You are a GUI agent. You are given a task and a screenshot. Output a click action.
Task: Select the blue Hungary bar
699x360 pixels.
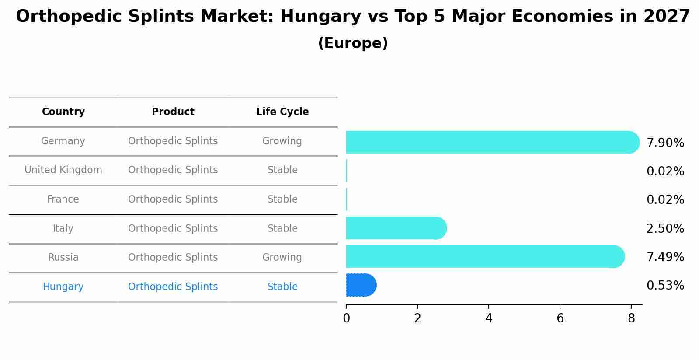click(x=361, y=285)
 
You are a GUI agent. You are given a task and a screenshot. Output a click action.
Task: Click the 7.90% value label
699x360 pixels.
click(x=665, y=143)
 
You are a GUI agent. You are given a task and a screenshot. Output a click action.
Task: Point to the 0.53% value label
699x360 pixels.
click(x=665, y=286)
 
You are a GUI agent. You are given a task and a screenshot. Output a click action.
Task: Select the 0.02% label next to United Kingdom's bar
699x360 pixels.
click(x=665, y=171)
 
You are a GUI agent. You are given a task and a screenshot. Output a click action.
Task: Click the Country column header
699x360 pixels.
click(x=63, y=112)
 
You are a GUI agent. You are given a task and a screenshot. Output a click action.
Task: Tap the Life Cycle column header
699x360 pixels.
click(x=282, y=112)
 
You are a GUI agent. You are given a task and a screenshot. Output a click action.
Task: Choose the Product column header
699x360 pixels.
click(x=173, y=112)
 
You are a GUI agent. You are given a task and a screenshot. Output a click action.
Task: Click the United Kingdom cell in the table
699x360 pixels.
click(x=63, y=170)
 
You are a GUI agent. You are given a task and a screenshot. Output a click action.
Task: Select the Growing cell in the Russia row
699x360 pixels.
click(x=282, y=258)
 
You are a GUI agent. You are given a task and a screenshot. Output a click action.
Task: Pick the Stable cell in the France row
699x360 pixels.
click(x=282, y=199)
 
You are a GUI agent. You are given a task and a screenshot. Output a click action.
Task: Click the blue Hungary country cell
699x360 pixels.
click(x=63, y=287)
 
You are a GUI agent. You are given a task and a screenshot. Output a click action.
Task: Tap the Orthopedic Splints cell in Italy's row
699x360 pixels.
click(x=173, y=229)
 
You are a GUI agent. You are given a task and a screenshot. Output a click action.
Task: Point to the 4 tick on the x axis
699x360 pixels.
click(x=489, y=318)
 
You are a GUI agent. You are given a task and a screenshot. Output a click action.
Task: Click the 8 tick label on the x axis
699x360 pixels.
click(x=631, y=318)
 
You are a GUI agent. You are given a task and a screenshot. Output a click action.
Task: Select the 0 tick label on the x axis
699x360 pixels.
click(x=347, y=318)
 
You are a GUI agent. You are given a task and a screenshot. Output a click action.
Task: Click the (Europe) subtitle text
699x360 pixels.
click(x=353, y=43)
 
